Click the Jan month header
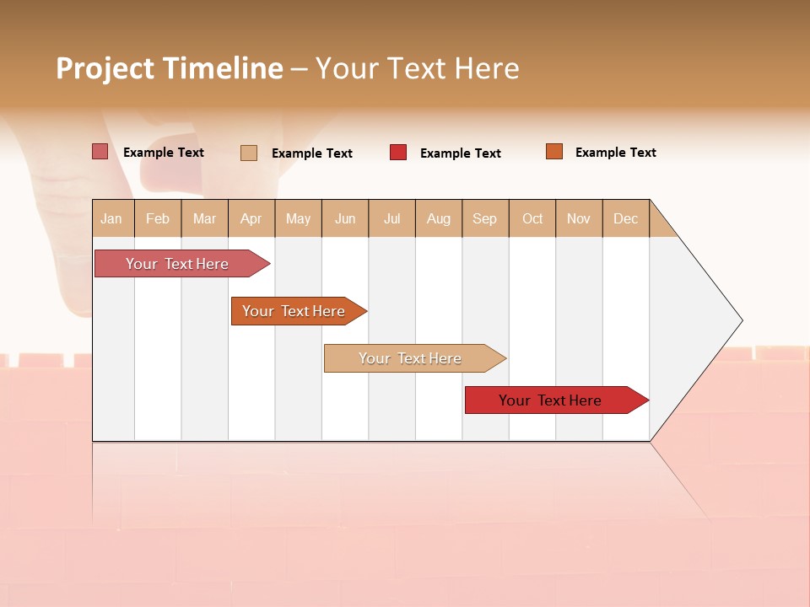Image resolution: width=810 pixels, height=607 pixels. pyautogui.click(x=112, y=218)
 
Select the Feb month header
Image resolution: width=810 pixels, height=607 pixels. pyautogui.click(x=158, y=218)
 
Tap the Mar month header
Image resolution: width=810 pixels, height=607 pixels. pyautogui.click(x=204, y=218)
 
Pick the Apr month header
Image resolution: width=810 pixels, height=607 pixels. pyautogui.click(x=251, y=218)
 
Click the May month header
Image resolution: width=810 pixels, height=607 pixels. pyautogui.click(x=298, y=218)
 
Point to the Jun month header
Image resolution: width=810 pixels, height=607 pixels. pyautogui.click(x=345, y=218)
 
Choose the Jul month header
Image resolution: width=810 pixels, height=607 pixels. pyautogui.click(x=391, y=218)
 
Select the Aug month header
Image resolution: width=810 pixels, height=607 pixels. pyautogui.click(x=439, y=218)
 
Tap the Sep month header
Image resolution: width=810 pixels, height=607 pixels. pyautogui.click(x=485, y=218)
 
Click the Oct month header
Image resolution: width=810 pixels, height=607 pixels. pyautogui.click(x=532, y=218)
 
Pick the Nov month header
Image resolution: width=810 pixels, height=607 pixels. pyautogui.click(x=579, y=218)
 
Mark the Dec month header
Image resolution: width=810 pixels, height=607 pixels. pyautogui.click(x=626, y=218)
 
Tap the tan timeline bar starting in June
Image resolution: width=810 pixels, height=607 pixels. pyautogui.click(x=411, y=358)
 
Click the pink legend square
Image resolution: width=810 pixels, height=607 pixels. pyautogui.click(x=100, y=152)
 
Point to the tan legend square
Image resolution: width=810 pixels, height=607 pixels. pyautogui.click(x=249, y=153)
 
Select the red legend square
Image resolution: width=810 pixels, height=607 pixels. pyautogui.click(x=398, y=152)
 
